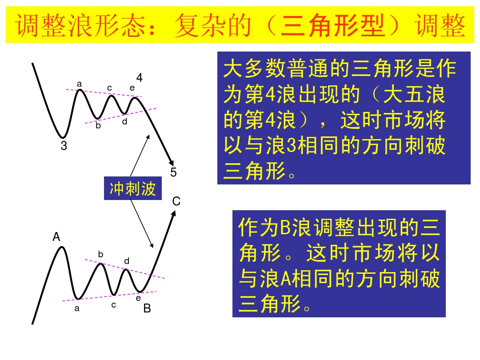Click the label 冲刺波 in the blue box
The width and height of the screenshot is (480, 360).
[x=132, y=189]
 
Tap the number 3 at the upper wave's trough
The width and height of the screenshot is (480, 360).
[x=64, y=146]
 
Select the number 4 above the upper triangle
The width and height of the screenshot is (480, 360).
[x=140, y=78]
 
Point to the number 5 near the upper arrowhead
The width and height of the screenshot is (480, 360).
[x=173, y=172]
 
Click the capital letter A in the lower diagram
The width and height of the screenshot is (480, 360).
[x=56, y=237]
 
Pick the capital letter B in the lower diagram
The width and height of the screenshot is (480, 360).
[x=147, y=308]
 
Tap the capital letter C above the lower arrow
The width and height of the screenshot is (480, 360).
[x=176, y=201]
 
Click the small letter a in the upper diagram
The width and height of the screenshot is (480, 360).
[x=80, y=84]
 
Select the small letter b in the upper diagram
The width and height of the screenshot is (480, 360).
[x=98, y=126]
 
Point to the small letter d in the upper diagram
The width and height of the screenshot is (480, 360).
[x=125, y=121]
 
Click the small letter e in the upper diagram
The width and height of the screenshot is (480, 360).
[x=132, y=88]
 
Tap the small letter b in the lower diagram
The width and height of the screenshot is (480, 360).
[x=101, y=254]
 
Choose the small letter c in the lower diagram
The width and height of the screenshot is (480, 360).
[x=114, y=305]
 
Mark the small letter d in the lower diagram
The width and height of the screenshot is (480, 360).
[x=127, y=261]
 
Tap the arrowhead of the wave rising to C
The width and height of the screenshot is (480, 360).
[x=174, y=213]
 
